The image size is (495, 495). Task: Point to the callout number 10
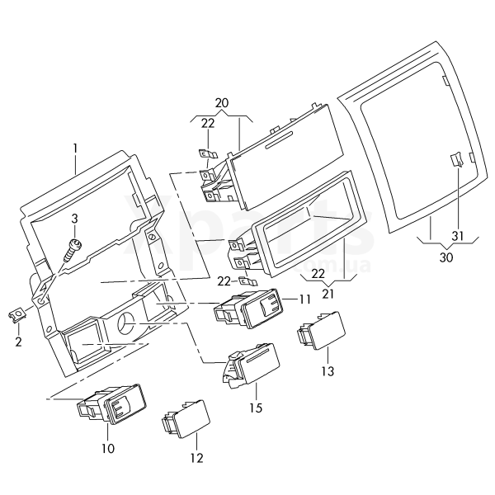(x=108, y=449)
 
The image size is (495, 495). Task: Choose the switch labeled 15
(x=252, y=364)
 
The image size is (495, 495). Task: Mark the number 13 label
(x=328, y=371)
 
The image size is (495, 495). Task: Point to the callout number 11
(x=304, y=299)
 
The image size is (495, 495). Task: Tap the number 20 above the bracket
(x=221, y=103)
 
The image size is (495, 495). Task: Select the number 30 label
(x=446, y=257)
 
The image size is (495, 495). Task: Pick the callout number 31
(x=459, y=236)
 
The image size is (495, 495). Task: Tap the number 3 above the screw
(x=74, y=218)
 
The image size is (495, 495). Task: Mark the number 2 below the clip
(x=19, y=340)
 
